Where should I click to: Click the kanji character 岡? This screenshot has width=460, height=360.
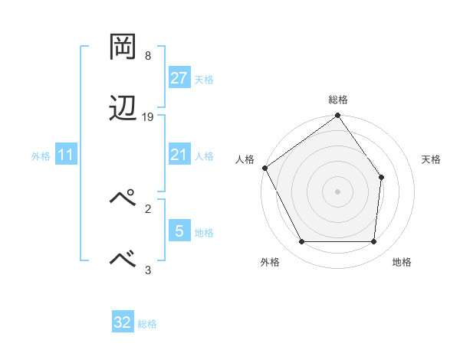pyautogui.click(x=123, y=47)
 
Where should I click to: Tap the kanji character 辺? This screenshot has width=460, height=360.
pyautogui.click(x=123, y=108)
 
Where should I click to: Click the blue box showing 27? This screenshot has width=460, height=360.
pyautogui.click(x=179, y=78)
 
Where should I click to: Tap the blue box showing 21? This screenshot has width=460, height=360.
pyautogui.click(x=179, y=155)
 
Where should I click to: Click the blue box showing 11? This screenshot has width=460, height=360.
pyautogui.click(x=66, y=155)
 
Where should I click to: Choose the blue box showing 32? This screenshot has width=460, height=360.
pyautogui.click(x=123, y=322)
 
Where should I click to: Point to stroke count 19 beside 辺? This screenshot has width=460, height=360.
pyautogui.click(x=148, y=117)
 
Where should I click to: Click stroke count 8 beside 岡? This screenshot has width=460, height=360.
pyautogui.click(x=148, y=56)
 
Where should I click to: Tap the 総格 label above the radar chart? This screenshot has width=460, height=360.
pyautogui.click(x=337, y=100)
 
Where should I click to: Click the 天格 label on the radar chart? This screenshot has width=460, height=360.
pyautogui.click(x=432, y=159)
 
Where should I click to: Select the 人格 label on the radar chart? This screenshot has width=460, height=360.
pyautogui.click(x=245, y=159)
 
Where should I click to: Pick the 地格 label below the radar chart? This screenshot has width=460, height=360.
pyautogui.click(x=402, y=262)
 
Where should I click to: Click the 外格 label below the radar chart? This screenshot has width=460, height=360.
pyautogui.click(x=270, y=262)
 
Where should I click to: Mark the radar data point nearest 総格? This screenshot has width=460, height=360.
pyautogui.click(x=337, y=116)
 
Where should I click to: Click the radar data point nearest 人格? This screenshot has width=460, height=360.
pyautogui.click(x=264, y=168)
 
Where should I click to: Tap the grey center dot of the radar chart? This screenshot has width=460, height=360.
pyautogui.click(x=337, y=191)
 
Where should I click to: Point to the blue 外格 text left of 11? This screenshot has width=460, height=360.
pyautogui.click(x=40, y=155)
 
